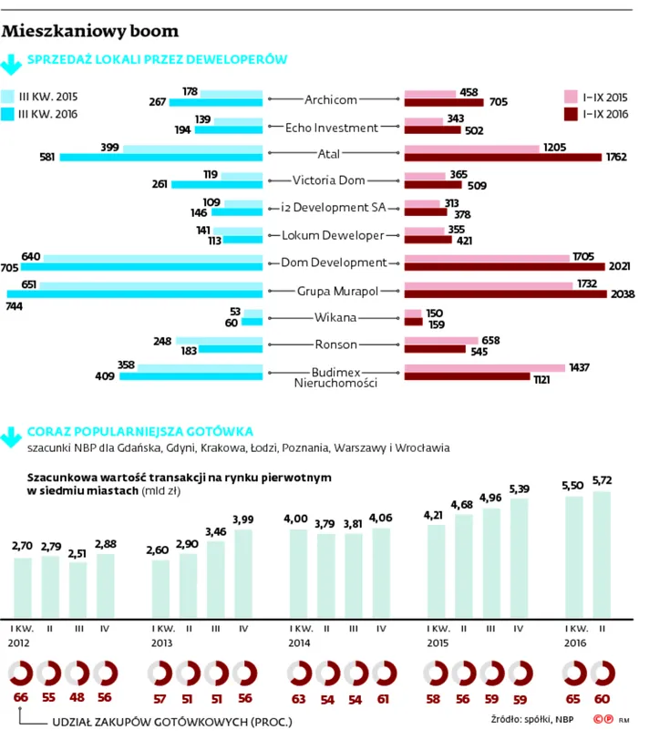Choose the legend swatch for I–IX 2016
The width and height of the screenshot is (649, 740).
point(572,114)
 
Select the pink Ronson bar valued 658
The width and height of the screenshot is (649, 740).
point(441,341)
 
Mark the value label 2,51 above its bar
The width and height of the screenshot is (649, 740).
point(78,552)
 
